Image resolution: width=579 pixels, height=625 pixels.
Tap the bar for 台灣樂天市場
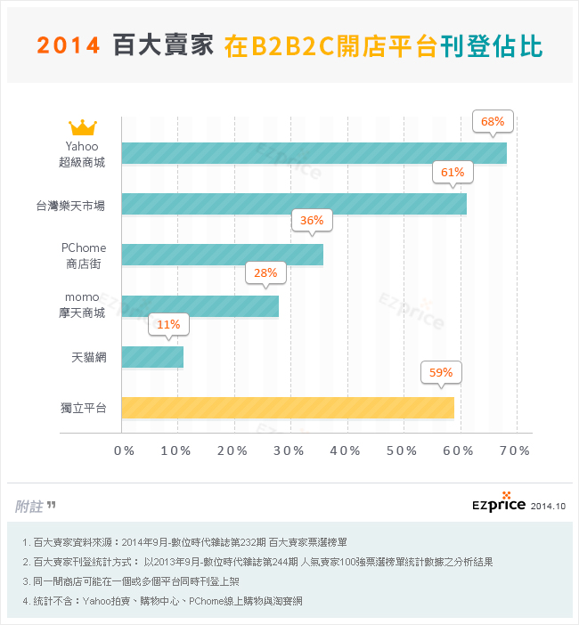[x=294, y=204]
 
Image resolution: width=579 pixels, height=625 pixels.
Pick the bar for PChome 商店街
[x=222, y=255]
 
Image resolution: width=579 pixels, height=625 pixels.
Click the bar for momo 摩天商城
[x=200, y=306]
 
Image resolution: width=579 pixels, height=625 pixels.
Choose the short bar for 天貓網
[x=152, y=357]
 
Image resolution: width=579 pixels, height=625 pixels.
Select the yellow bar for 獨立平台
[x=288, y=408]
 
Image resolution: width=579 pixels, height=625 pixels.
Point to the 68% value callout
[x=493, y=121]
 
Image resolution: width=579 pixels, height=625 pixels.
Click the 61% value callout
[x=453, y=172]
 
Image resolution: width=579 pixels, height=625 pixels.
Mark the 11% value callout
[x=168, y=324]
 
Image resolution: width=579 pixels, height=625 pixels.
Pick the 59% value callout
[x=441, y=373]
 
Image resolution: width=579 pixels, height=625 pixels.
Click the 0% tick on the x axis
[x=124, y=450]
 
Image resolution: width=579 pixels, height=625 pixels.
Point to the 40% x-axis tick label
[x=346, y=450]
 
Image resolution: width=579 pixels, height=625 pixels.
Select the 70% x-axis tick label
[x=514, y=450]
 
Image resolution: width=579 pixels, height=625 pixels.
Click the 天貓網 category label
[x=89, y=358]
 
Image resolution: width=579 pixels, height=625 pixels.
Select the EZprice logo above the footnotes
[x=501, y=503]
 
